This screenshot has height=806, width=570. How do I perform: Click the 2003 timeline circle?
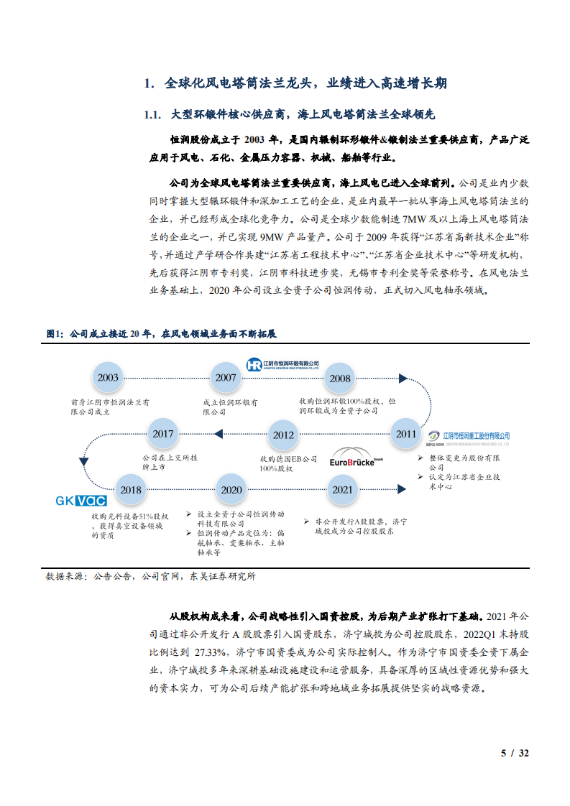pyautogui.click(x=109, y=378)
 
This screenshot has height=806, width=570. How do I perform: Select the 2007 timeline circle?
pyautogui.click(x=226, y=378)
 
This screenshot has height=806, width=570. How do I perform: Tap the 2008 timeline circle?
pyautogui.click(x=340, y=379)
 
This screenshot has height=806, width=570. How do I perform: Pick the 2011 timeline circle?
pyautogui.click(x=406, y=433)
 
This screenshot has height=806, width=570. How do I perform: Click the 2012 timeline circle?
pyautogui.click(x=283, y=435)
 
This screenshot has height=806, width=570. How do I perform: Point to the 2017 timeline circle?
pyautogui.click(x=164, y=434)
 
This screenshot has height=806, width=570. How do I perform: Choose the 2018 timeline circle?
pyautogui.click(x=131, y=490)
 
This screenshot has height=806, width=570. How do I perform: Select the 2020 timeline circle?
pyautogui.click(x=231, y=490)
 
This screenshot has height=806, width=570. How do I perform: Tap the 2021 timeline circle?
pyautogui.click(x=343, y=490)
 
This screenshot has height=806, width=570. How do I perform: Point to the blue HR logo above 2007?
pyautogui.click(x=253, y=365)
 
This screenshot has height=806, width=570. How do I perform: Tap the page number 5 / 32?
pyautogui.click(x=515, y=753)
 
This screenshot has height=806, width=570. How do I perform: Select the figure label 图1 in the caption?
pyautogui.click(x=55, y=334)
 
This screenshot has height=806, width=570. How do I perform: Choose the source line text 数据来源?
pyautogui.click(x=65, y=576)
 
